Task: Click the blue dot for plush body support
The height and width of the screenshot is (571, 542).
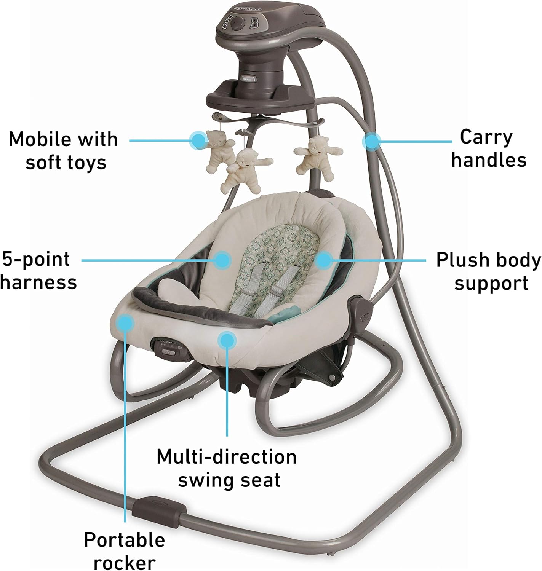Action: tap(323, 261)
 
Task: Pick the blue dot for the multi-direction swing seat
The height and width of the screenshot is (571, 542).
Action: tap(227, 339)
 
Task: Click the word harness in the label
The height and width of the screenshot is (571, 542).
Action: tap(39, 282)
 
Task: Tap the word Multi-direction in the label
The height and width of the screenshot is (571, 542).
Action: tap(227, 456)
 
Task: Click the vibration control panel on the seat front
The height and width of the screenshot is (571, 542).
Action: tap(170, 348)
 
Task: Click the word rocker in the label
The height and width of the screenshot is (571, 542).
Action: tap(125, 562)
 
